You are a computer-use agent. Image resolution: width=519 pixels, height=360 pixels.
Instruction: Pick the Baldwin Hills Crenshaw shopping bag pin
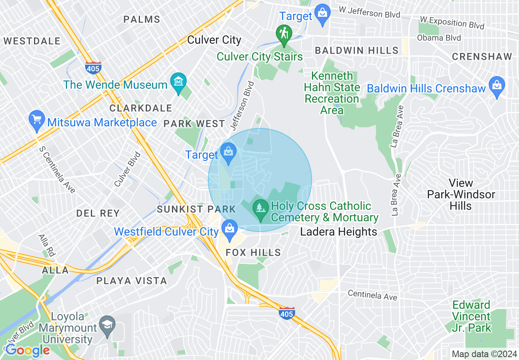tap(497, 86)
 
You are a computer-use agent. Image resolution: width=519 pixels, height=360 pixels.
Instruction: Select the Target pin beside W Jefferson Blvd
tap(323, 14)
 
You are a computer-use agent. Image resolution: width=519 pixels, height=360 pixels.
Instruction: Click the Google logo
tap(27, 350)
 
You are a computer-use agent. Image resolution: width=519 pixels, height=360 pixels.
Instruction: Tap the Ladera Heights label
tap(338, 232)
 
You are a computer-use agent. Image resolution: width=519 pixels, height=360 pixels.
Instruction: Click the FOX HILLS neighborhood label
tap(253, 252)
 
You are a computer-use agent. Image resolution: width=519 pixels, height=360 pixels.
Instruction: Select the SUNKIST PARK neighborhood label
tap(196, 209)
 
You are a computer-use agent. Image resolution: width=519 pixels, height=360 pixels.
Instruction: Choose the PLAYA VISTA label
tap(131, 281)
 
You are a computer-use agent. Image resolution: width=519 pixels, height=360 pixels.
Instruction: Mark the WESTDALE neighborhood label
tap(32, 41)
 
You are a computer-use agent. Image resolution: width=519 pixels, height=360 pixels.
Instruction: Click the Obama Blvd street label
tap(439, 38)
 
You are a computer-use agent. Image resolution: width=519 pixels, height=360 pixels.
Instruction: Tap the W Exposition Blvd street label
tap(452, 23)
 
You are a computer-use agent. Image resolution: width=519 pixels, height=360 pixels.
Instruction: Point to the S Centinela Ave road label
tap(57, 170)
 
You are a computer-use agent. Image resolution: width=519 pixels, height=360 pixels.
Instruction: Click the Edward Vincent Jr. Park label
tap(471, 316)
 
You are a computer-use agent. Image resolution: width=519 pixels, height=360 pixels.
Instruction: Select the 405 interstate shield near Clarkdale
tap(93, 67)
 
